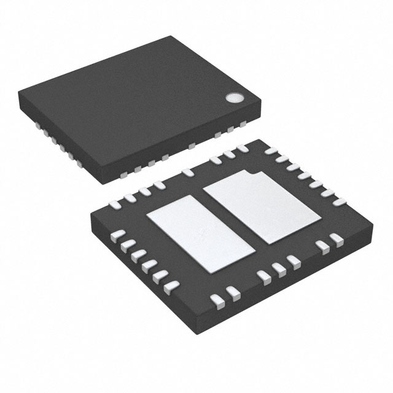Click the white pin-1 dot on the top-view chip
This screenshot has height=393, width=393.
(234, 98)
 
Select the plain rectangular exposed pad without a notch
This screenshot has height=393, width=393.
(200, 232)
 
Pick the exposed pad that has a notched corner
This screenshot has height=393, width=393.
(261, 206)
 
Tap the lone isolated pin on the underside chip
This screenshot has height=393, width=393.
(188, 173)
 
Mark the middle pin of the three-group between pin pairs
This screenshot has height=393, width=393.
(279, 268)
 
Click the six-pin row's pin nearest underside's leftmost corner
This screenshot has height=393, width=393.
(119, 235)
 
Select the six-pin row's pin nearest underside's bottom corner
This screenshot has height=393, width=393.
(171, 286)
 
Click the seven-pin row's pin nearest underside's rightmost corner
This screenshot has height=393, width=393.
(340, 202)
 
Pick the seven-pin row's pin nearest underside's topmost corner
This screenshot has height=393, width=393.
(270, 150)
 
